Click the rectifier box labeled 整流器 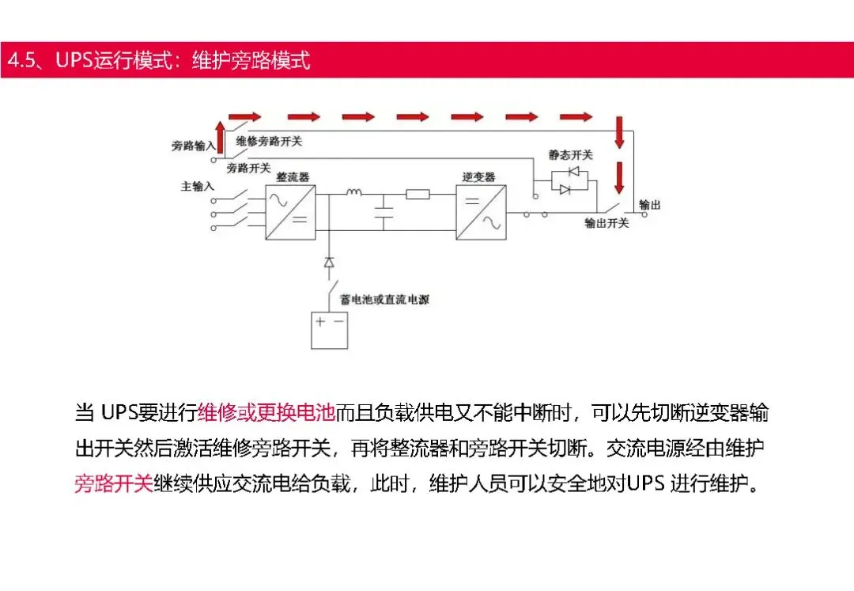click(x=290, y=211)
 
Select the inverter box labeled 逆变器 click(x=480, y=211)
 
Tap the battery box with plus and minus click(x=329, y=331)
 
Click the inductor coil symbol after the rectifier click(x=353, y=191)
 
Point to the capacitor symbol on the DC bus click(x=384, y=211)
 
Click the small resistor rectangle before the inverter click(x=418, y=194)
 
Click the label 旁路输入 click(x=193, y=146)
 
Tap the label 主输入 click(x=198, y=187)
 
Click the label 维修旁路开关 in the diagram click(x=269, y=142)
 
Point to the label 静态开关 click(x=570, y=155)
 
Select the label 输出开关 click(x=606, y=223)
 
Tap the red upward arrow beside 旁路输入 click(x=220, y=136)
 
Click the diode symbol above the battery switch click(x=329, y=262)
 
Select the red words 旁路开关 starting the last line click(x=114, y=483)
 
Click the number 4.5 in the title click(x=23, y=61)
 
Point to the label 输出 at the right click(x=649, y=205)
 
